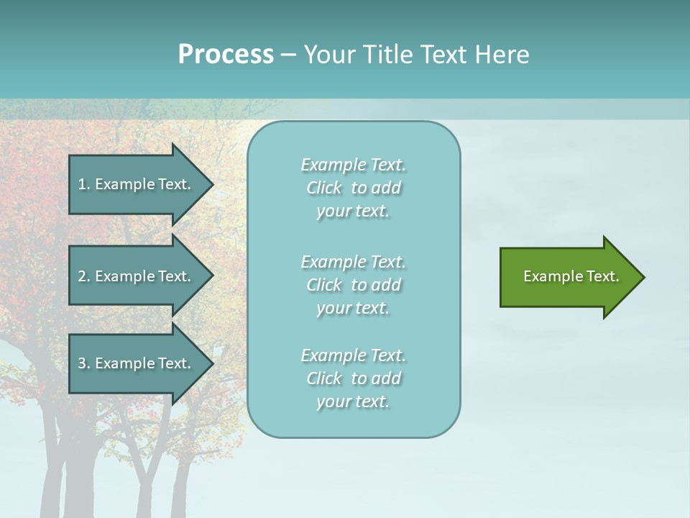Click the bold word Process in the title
point(226,55)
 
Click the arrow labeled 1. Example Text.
point(137,184)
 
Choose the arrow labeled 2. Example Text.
point(137,276)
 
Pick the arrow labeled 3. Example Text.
point(137,363)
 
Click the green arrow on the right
point(568,277)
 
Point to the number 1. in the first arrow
point(84,184)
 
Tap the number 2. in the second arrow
point(84,276)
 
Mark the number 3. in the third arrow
point(84,363)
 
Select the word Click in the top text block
point(323,188)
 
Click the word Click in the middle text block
point(323,285)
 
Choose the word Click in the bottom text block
point(323,378)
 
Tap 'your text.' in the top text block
point(353,212)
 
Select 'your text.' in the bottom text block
point(353,402)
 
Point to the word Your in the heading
point(326,55)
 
